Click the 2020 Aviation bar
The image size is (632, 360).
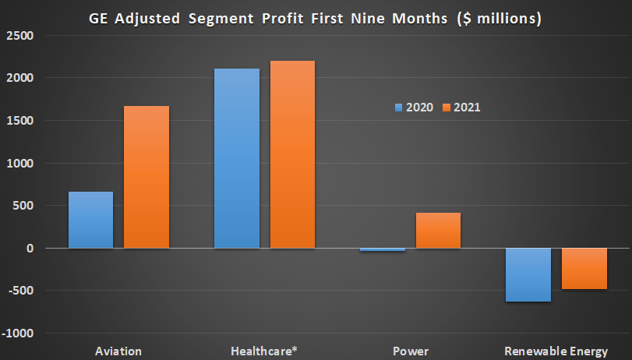click(x=90, y=220)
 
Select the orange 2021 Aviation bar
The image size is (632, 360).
click(x=147, y=177)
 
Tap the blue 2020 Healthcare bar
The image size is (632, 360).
click(x=237, y=158)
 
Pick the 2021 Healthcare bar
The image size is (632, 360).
click(x=293, y=154)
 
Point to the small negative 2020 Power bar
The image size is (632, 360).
click(x=383, y=250)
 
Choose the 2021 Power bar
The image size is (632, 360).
click(x=438, y=230)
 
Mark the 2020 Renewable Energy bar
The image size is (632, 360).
click(x=528, y=274)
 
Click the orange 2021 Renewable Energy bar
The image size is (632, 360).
click(x=584, y=269)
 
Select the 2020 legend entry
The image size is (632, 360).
click(x=413, y=107)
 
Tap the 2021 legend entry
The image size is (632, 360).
click(x=461, y=107)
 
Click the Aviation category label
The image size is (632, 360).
click(x=118, y=351)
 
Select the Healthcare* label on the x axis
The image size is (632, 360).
click(x=265, y=351)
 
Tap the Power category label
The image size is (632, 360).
click(x=411, y=351)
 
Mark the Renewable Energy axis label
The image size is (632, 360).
click(x=556, y=351)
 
